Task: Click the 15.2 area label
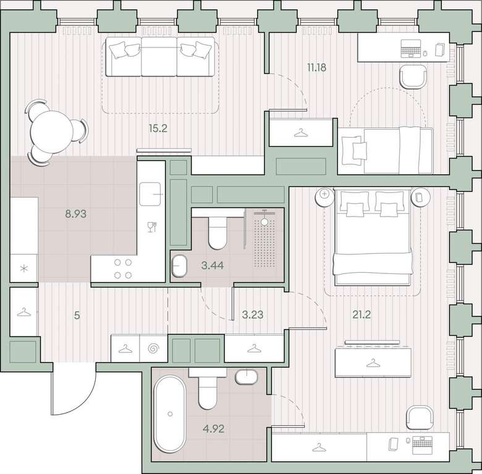(158, 128)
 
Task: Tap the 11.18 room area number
(316, 67)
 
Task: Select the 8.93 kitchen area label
(75, 214)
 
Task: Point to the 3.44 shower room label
(213, 265)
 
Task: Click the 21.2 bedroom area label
(361, 314)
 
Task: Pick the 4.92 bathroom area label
(214, 428)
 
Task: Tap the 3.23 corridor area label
(253, 315)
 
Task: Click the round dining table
(52, 132)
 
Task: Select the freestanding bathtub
(170, 414)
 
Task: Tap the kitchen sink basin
(150, 194)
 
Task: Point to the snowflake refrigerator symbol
(24, 268)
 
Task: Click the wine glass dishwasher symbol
(152, 227)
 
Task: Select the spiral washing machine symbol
(154, 349)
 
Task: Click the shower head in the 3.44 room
(264, 221)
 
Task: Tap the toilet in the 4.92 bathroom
(208, 389)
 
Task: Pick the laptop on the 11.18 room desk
(411, 49)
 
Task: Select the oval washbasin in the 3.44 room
(179, 266)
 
